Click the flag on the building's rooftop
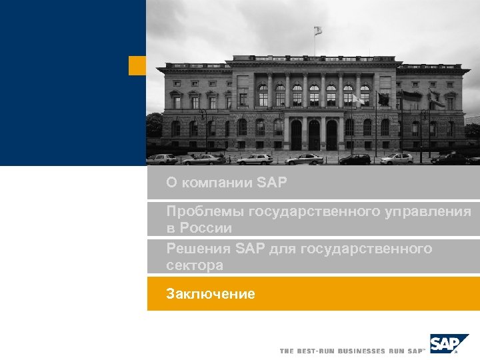[318, 31]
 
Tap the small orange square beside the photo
[137, 65]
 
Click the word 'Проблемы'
[205, 212]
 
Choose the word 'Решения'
[199, 249]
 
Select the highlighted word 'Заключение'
[211, 293]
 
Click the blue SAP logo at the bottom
[449, 344]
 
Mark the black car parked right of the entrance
[355, 159]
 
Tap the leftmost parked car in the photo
[161, 159]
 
